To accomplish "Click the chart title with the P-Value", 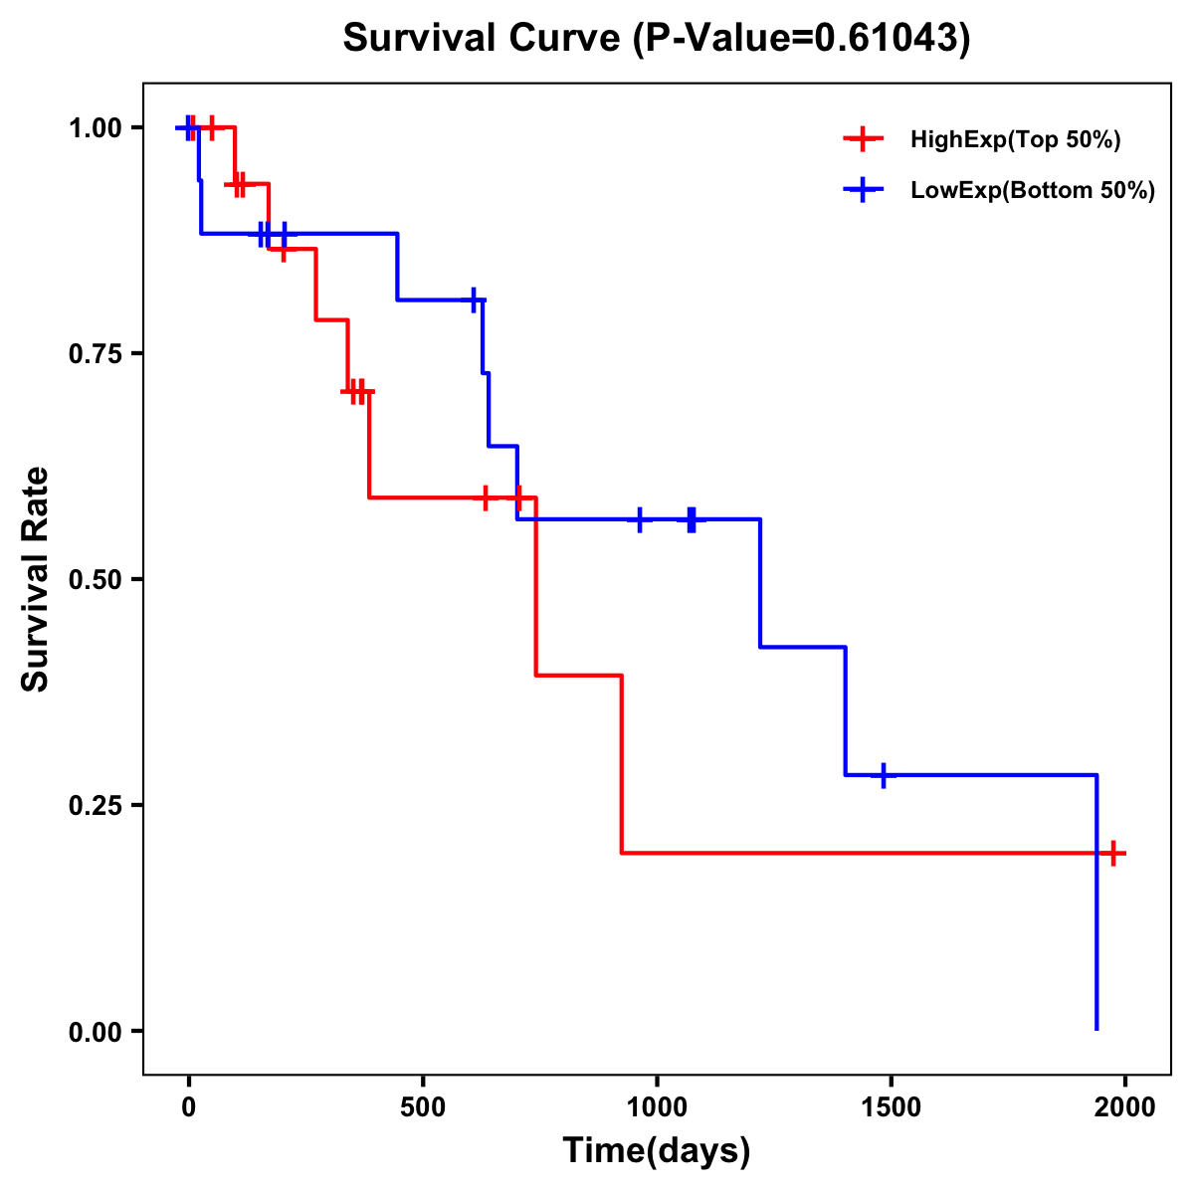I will click(657, 38).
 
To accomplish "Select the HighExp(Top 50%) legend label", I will click(1016, 140).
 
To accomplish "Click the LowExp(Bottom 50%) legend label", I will click(1033, 191).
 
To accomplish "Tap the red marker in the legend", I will click(863, 139).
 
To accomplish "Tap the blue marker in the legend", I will click(863, 190).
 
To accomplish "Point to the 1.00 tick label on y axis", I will click(96, 128).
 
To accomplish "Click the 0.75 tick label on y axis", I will click(96, 354).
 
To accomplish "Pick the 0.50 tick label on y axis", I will click(96, 580).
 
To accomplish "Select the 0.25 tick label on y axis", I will click(96, 806).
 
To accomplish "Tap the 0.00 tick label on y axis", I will click(96, 1032).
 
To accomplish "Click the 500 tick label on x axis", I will click(423, 1107).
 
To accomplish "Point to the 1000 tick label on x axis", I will click(657, 1107).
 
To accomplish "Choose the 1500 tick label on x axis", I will click(891, 1107).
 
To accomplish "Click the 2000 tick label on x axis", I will click(1125, 1107).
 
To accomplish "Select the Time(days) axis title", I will click(657, 1151).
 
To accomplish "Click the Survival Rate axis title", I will click(36, 579).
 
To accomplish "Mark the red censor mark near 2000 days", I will click(1113, 853).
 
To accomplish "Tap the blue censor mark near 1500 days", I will click(883, 775).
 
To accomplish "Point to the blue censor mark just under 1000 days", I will click(639, 519).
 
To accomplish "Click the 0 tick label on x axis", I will click(189, 1107).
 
